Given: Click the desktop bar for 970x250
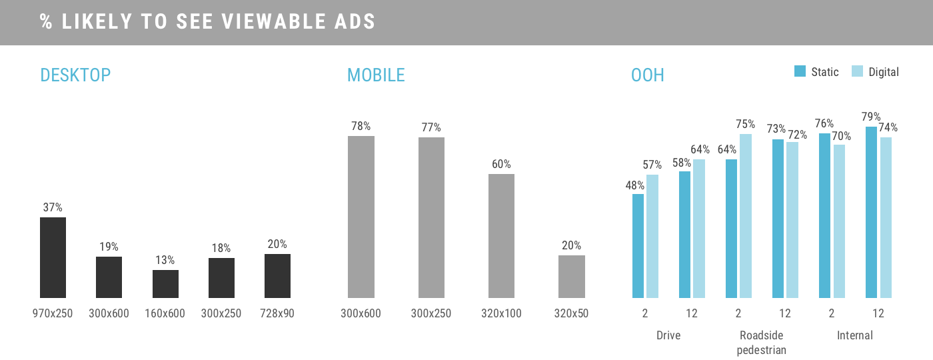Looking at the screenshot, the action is point(53,257).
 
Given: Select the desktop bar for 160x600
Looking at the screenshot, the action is point(165,284).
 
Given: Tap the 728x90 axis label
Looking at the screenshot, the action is point(277,313).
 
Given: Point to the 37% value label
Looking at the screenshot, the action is point(53,207).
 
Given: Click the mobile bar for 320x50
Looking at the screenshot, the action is point(572,277).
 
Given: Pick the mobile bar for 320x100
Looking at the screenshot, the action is point(501,236).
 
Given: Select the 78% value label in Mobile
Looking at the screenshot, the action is point(361,126).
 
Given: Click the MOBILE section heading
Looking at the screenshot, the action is point(376,75).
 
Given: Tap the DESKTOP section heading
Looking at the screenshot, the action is point(75,75).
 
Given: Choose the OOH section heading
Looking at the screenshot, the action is point(647,75).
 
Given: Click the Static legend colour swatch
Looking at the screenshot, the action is point(800,71).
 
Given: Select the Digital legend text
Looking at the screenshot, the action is point(884,72).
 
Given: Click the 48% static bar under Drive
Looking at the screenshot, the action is point(638,246).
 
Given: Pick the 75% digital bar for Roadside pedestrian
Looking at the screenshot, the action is point(746,216).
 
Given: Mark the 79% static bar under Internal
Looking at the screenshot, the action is point(872,212).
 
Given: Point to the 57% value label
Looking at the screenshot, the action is point(652,165).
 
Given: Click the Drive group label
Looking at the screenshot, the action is point(668,335).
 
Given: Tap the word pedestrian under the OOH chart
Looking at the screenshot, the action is point(761,350).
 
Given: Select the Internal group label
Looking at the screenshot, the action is point(854,335).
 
